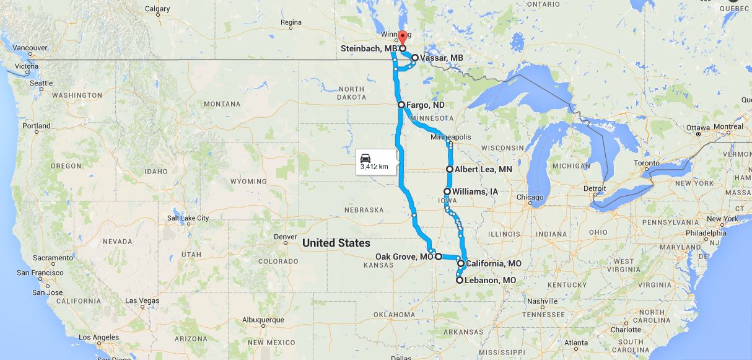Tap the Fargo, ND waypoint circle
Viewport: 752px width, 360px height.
(401, 105)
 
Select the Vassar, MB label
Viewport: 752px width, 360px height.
(441, 58)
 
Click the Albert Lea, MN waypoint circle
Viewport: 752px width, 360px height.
(450, 169)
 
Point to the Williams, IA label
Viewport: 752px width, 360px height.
(474, 192)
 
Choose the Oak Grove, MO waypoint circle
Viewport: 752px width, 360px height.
(438, 256)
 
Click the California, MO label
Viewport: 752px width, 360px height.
(493, 264)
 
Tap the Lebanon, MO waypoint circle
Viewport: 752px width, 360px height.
(460, 280)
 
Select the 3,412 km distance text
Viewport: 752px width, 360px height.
(374, 167)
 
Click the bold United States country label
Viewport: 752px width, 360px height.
(336, 243)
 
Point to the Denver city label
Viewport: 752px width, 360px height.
(286, 237)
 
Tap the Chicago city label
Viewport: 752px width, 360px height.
(531, 198)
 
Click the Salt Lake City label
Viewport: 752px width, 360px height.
(188, 218)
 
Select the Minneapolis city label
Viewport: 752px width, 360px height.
(451, 137)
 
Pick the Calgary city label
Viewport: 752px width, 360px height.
(157, 9)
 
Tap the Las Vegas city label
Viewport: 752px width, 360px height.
(142, 301)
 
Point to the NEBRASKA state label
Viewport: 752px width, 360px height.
(364, 210)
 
